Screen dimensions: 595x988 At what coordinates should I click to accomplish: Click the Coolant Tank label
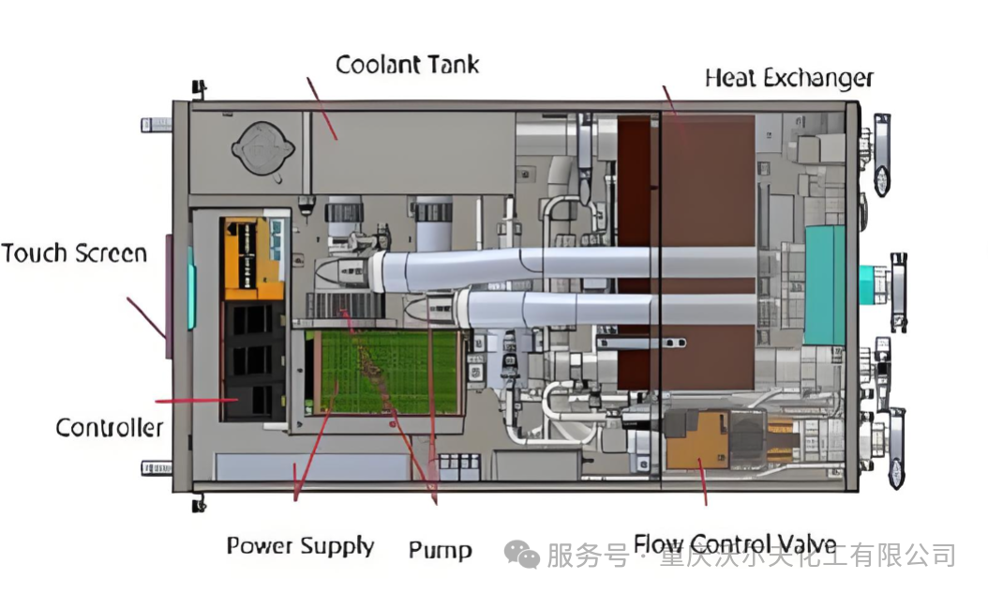[x=408, y=65]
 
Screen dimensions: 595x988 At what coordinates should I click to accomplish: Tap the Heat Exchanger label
[x=788, y=78]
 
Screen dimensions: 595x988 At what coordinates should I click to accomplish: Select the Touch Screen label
[x=74, y=253]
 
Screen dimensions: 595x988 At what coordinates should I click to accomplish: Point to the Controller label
[x=109, y=429]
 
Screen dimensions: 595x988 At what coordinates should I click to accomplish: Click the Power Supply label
[x=300, y=546]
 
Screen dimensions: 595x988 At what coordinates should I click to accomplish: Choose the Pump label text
[x=440, y=550]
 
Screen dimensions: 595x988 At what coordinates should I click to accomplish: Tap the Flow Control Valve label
[x=734, y=545]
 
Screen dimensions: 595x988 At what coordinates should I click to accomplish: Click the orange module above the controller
[x=251, y=257]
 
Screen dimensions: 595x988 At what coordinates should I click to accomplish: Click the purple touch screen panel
[x=169, y=297]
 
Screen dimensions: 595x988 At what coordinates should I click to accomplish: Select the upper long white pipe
[x=562, y=265]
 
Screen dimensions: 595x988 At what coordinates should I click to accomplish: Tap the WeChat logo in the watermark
[x=522, y=555]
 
